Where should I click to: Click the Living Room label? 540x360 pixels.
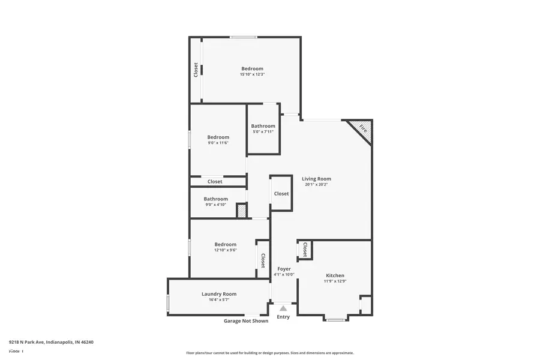click(316, 179)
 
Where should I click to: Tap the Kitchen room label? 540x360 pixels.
click(335, 275)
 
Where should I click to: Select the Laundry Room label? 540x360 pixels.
click(218, 294)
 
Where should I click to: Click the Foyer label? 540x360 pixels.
click(284, 269)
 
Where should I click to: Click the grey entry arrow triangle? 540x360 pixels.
click(283, 308)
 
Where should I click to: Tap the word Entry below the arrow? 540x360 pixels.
click(283, 317)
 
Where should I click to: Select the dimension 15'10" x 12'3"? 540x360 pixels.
click(252, 74)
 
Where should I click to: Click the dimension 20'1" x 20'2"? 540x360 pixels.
click(316, 185)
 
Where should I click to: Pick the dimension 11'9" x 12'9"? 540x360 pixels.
click(335, 281)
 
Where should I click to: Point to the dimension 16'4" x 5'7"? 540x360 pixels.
click(218, 299)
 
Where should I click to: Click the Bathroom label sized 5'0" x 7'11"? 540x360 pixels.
click(263, 126)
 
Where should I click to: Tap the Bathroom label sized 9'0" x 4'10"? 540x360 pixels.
click(215, 199)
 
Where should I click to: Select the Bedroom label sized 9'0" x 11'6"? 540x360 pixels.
click(218, 137)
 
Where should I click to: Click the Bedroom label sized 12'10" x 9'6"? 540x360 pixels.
click(226, 244)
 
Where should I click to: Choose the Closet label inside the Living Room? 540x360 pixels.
click(281, 194)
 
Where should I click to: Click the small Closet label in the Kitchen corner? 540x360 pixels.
click(305, 250)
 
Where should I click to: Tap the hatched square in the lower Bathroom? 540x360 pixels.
click(241, 211)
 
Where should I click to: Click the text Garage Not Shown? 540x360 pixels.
click(246, 321)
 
